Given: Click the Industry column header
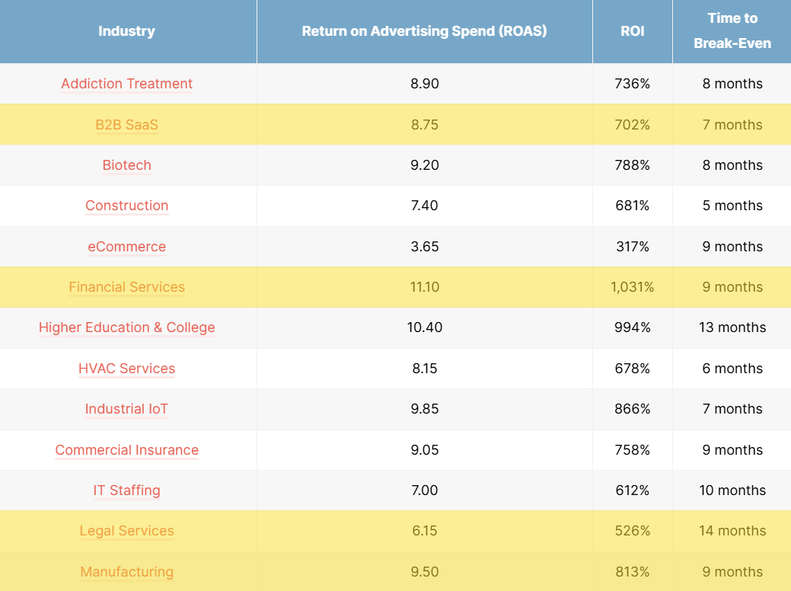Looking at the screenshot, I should click(x=126, y=31).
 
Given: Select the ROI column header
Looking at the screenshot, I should click(x=632, y=31).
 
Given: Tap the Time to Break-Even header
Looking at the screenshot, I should click(x=732, y=30).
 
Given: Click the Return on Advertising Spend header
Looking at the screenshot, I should click(x=424, y=31).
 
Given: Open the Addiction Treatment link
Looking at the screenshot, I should click(x=126, y=84).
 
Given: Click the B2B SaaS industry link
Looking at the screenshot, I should click(x=126, y=125).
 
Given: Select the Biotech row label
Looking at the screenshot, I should click(x=126, y=165).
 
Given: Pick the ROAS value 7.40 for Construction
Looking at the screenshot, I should click(x=424, y=206).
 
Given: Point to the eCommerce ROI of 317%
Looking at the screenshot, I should click(x=632, y=247).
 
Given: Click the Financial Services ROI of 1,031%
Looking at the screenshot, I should click(x=632, y=287).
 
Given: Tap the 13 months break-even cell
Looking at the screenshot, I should click(x=732, y=327).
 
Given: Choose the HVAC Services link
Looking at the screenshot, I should click(x=126, y=369).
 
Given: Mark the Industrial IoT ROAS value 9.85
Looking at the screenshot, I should click(x=424, y=409).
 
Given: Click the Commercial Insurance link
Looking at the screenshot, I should click(x=126, y=450).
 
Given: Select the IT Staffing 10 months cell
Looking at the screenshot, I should click(x=732, y=490).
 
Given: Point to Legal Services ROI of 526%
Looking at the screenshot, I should click(x=632, y=531).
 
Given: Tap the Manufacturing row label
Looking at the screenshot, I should click(x=126, y=572).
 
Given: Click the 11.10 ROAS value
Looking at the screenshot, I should click(x=424, y=287).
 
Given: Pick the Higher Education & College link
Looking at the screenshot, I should click(x=126, y=327).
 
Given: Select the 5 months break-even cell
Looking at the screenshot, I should click(x=732, y=206).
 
